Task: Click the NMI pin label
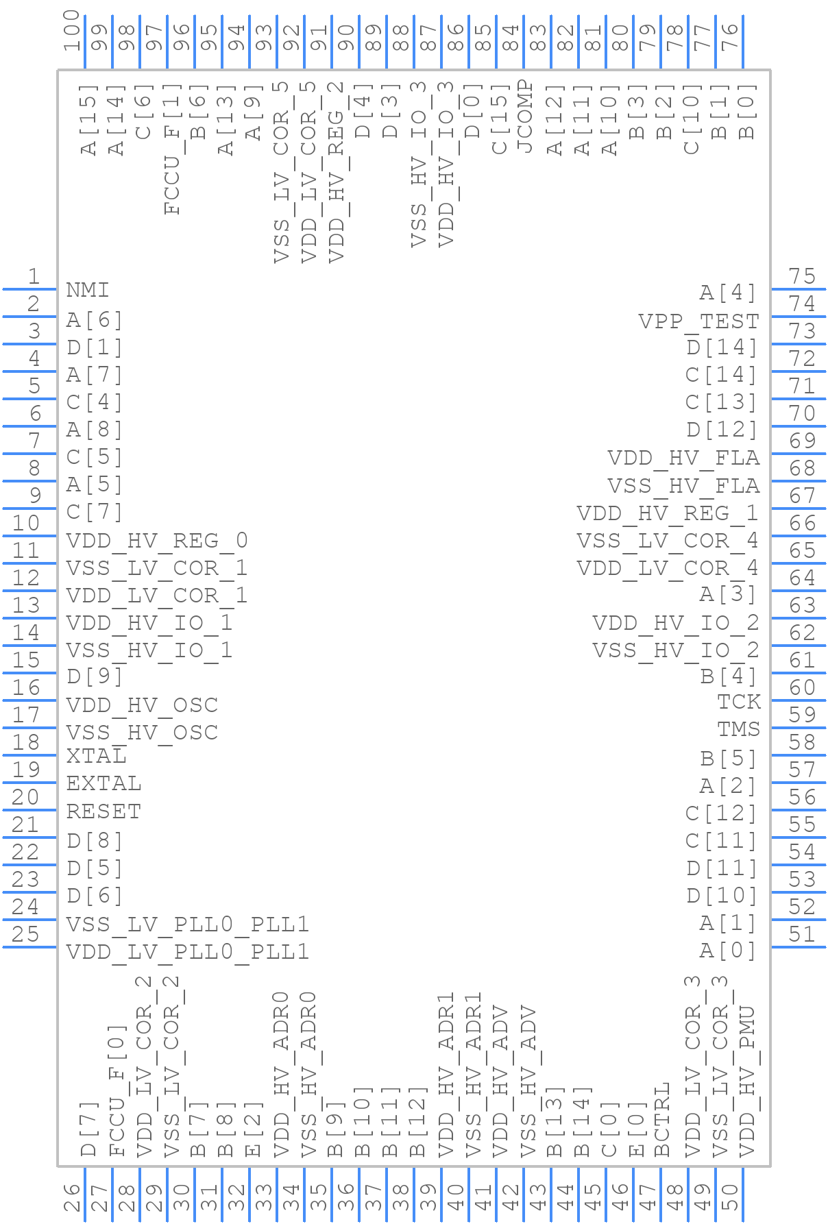point(87,291)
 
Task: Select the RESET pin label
point(103,811)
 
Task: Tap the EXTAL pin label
point(103,783)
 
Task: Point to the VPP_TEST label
point(698,321)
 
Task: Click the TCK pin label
point(739,702)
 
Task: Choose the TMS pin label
point(739,729)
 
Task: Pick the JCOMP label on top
point(524,117)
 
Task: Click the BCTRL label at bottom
point(662,1119)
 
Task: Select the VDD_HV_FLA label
point(683,458)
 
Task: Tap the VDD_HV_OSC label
point(142,705)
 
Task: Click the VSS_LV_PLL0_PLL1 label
point(187,925)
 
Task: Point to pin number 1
point(34,277)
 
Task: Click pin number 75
point(802,277)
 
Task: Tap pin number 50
point(730,1197)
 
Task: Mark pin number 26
point(72,1197)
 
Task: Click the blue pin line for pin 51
point(798,947)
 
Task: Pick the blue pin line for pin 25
point(29,947)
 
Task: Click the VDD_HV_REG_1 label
point(668,513)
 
